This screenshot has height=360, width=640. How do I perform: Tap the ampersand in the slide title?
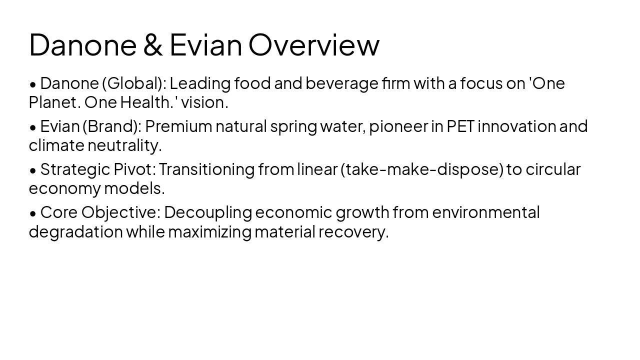pyautogui.click(x=152, y=44)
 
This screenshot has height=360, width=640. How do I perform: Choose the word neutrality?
pyautogui.click(x=124, y=145)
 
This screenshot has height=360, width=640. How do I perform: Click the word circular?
pyautogui.click(x=553, y=169)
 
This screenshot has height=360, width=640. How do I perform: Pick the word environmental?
pyautogui.click(x=485, y=212)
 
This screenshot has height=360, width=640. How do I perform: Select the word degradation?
pyautogui.click(x=75, y=232)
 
